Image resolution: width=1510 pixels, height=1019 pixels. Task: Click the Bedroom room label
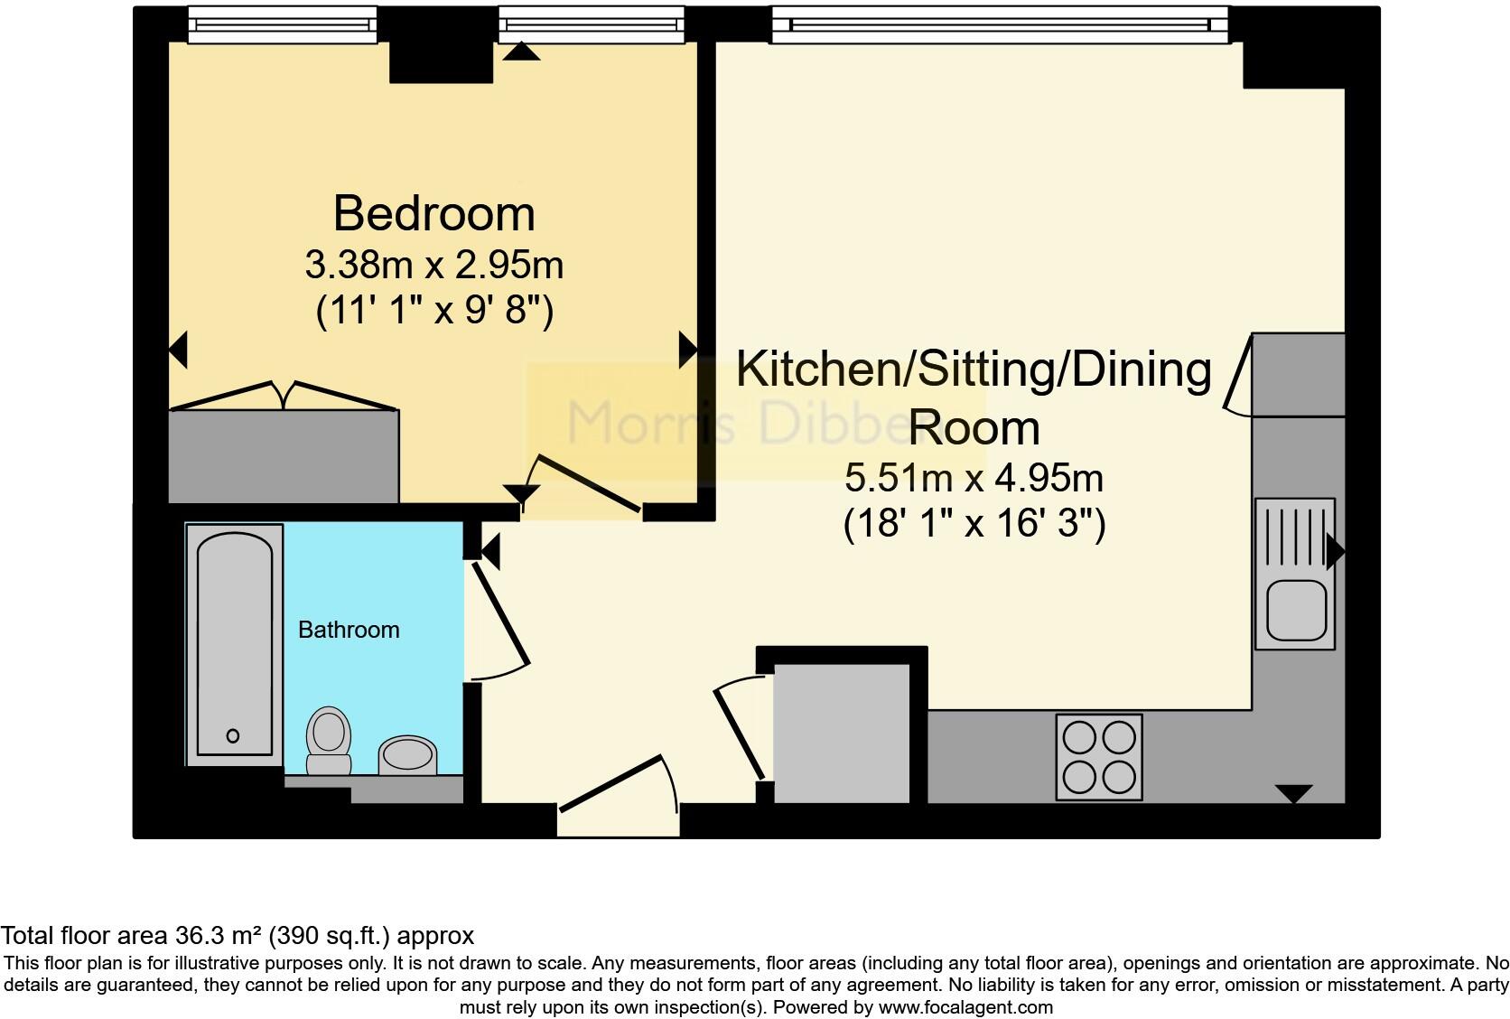tap(433, 214)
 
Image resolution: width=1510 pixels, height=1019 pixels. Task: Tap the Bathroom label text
tap(349, 630)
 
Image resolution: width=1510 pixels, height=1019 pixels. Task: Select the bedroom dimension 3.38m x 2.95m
tap(433, 266)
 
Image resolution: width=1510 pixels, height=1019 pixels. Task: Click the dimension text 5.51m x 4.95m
tap(974, 478)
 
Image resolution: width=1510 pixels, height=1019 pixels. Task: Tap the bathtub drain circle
tap(233, 736)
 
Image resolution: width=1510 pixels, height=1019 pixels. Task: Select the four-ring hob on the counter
tap(1099, 756)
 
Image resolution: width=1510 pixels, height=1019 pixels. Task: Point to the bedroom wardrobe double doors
tap(284, 397)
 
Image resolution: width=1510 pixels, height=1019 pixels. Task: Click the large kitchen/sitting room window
tap(1000, 24)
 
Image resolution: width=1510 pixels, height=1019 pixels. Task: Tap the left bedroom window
tap(282, 24)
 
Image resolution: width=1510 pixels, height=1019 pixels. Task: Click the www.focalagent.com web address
tap(965, 1007)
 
